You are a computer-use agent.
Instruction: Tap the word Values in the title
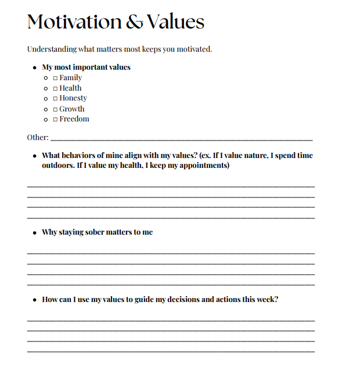pyautogui.click(x=175, y=22)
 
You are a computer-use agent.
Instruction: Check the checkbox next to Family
pyautogui.click(x=55, y=78)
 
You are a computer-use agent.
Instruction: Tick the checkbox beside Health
pyautogui.click(x=55, y=88)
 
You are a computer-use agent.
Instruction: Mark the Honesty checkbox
pyautogui.click(x=55, y=99)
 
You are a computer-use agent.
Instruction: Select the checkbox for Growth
pyautogui.click(x=55, y=109)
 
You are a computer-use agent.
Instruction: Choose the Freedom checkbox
pyautogui.click(x=55, y=120)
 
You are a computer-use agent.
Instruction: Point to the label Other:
pyautogui.click(x=38, y=138)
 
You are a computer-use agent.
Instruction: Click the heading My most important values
pyautogui.click(x=86, y=67)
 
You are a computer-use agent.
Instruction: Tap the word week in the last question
pyautogui.click(x=266, y=300)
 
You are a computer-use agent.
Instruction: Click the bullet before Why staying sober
pyautogui.click(x=35, y=232)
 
